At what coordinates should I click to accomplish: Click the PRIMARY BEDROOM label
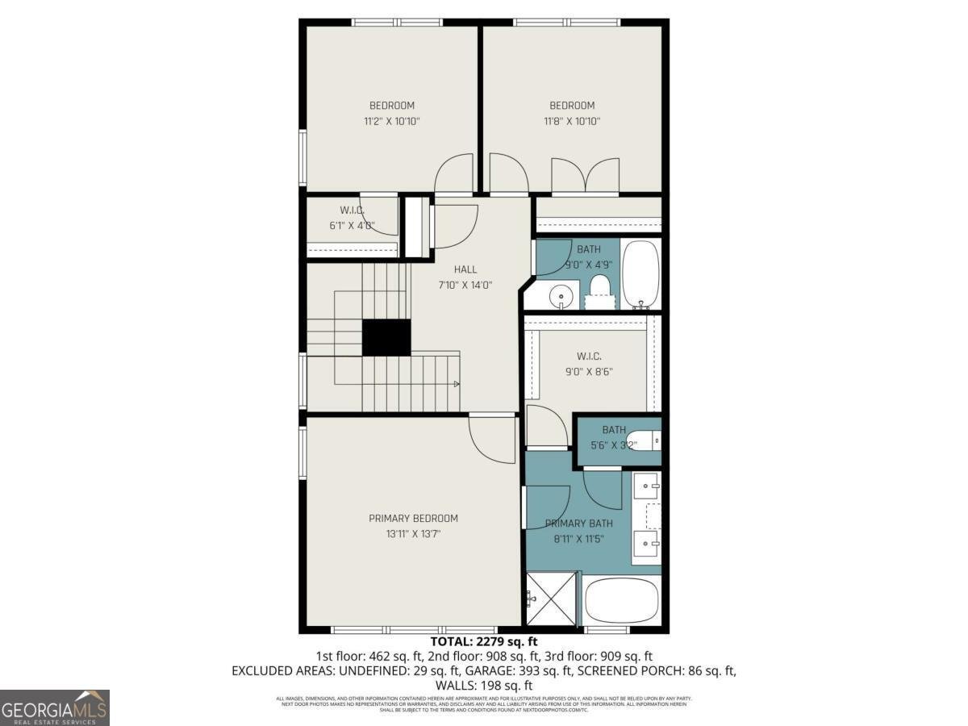tap(413, 518)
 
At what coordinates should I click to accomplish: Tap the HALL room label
tap(465, 269)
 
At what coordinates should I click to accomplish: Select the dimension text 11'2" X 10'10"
tap(392, 121)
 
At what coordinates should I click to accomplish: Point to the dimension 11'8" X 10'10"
tap(572, 121)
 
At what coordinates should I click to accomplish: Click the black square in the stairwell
tap(386, 337)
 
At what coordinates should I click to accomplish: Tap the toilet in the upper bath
tap(599, 288)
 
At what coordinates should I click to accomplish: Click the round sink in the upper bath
tap(561, 298)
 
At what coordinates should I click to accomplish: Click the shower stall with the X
tap(553, 598)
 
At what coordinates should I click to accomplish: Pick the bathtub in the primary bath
tap(621, 600)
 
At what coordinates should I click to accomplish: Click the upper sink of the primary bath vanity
tap(647, 486)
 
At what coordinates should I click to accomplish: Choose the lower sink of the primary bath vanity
tap(647, 542)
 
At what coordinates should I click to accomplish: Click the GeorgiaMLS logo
tap(55, 707)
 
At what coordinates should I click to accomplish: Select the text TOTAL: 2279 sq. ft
tap(484, 642)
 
